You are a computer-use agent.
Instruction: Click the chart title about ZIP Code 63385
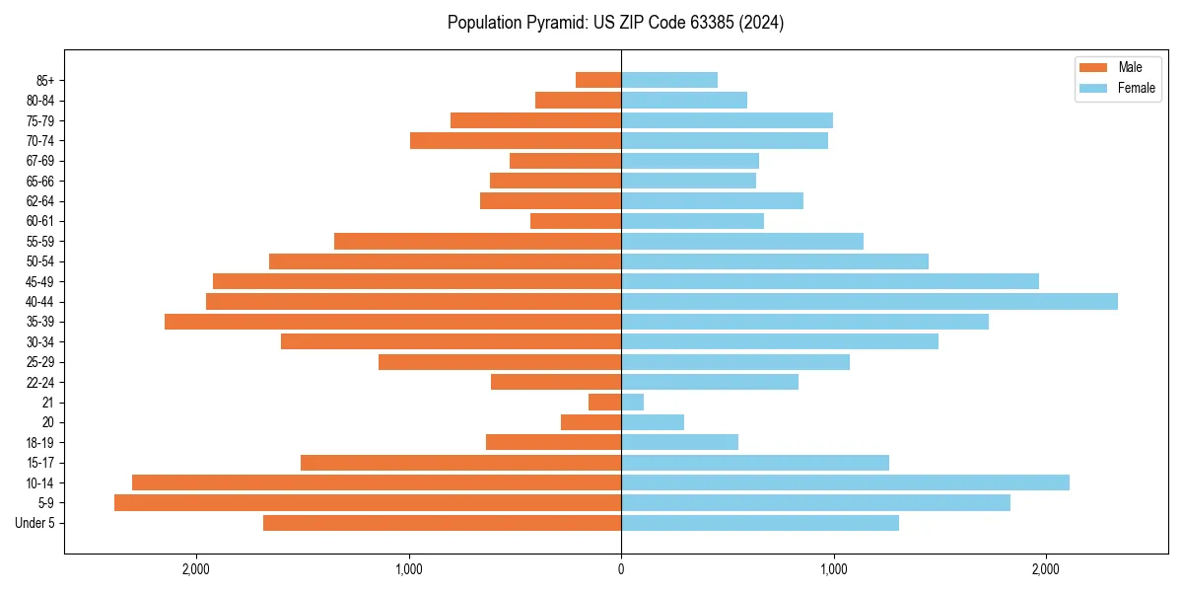click(615, 23)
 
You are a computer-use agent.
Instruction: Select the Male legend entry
click(1130, 67)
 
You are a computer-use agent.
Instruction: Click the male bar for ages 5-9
click(368, 502)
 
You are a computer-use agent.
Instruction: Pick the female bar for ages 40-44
click(869, 301)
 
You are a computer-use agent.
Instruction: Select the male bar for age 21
click(604, 402)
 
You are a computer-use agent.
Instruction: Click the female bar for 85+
click(669, 80)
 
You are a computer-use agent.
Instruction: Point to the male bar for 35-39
click(392, 322)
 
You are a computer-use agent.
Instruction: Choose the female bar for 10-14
click(845, 482)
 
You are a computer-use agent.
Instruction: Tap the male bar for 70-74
click(516, 140)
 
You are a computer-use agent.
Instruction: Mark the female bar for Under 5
click(760, 523)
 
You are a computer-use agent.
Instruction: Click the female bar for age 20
click(653, 422)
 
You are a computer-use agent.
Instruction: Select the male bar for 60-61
click(576, 221)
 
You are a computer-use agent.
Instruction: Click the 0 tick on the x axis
click(621, 568)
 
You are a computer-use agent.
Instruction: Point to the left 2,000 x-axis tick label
click(196, 568)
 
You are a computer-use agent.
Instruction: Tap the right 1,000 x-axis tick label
click(833, 568)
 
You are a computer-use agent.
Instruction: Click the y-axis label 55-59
click(40, 241)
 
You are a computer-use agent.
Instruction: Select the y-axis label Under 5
click(35, 523)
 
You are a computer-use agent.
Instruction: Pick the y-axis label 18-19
click(40, 442)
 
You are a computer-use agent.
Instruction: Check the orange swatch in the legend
click(1094, 67)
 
